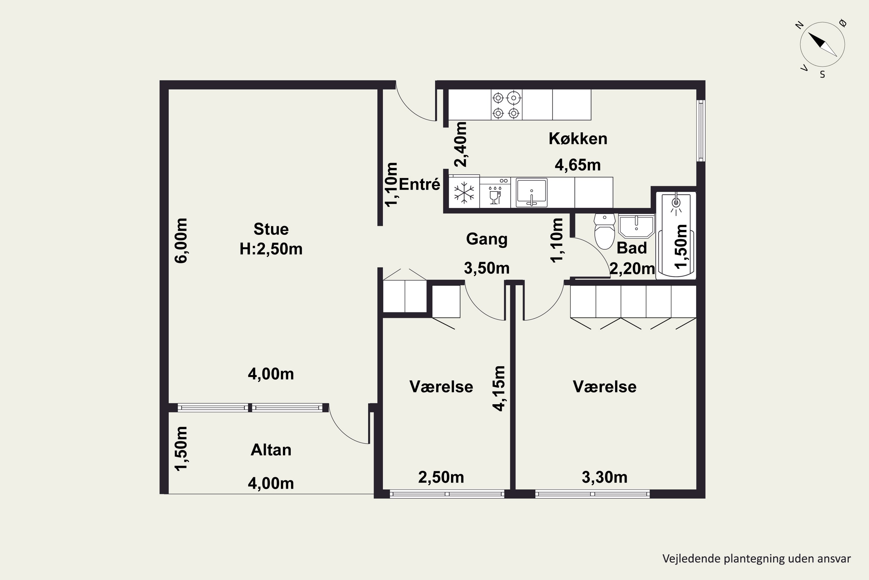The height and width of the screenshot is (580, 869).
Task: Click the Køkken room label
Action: pyautogui.click(x=578, y=139)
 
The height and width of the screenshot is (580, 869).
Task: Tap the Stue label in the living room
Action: pyautogui.click(x=271, y=229)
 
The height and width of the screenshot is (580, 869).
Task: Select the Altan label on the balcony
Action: pyautogui.click(x=271, y=450)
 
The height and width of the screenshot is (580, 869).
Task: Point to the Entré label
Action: pyautogui.click(x=419, y=184)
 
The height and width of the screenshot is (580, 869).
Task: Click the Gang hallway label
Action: pyautogui.click(x=487, y=239)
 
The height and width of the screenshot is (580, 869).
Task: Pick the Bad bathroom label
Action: pyautogui.click(x=631, y=248)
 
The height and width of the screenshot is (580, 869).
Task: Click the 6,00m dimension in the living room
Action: pyautogui.click(x=181, y=240)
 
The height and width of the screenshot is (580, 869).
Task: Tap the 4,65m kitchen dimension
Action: pyautogui.click(x=578, y=165)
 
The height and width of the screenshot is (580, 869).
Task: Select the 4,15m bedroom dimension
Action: pyautogui.click(x=499, y=388)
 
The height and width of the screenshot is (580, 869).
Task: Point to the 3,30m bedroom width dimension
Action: pyautogui.click(x=605, y=477)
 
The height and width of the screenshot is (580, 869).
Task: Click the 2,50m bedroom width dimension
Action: pyautogui.click(x=441, y=477)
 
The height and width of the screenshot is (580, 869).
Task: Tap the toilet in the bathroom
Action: pyautogui.click(x=605, y=231)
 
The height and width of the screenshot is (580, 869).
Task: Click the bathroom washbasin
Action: pyautogui.click(x=636, y=226)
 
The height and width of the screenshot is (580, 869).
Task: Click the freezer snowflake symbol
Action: pyautogui.click(x=464, y=193)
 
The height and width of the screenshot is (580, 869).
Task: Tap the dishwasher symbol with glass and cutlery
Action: pyautogui.click(x=495, y=195)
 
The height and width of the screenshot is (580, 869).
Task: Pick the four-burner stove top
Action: pyautogui.click(x=506, y=105)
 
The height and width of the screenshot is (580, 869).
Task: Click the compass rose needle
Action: pyautogui.click(x=822, y=44)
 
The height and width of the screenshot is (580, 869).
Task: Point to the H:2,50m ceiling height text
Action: pyautogui.click(x=271, y=249)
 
